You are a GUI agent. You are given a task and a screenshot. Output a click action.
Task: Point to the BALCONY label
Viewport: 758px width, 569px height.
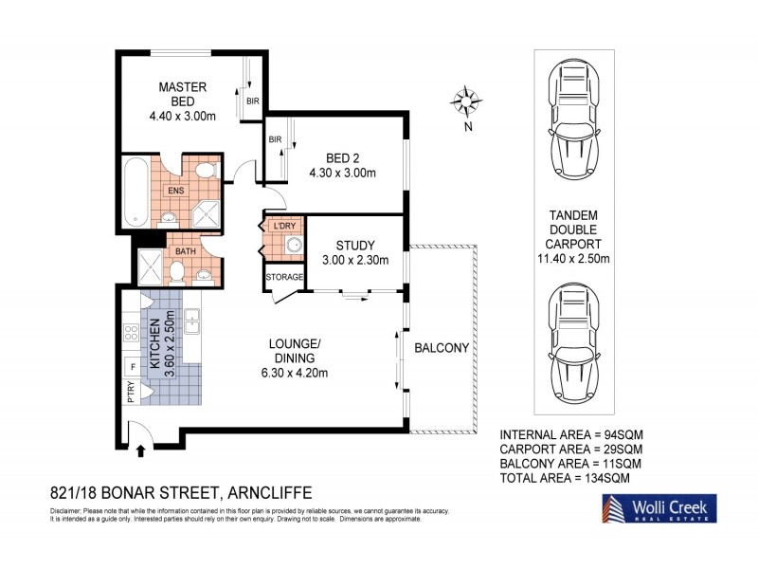[x=442, y=348]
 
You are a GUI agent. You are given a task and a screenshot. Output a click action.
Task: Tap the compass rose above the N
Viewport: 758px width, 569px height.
[x=466, y=100]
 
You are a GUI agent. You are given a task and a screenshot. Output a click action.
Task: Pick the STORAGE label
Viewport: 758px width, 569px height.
[x=284, y=277]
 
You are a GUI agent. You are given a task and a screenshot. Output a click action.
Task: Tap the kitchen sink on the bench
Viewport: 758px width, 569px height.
[x=192, y=321]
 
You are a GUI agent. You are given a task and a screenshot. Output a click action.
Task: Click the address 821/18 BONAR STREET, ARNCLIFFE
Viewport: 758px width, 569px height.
[x=180, y=493]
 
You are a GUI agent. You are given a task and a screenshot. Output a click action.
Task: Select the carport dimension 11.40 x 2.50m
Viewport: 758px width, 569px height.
[x=572, y=258]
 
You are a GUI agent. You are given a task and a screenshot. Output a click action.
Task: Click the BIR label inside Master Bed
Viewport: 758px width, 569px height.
[x=253, y=100]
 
